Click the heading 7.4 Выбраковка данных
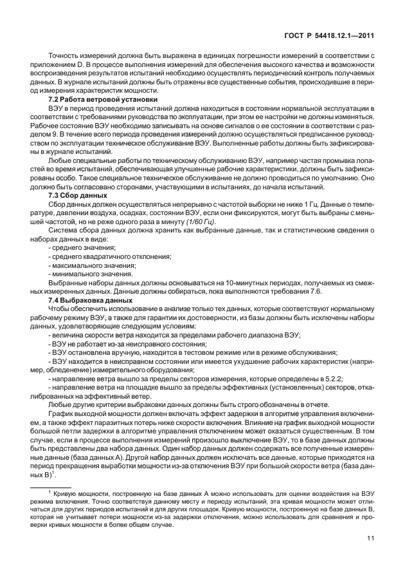click(91, 301)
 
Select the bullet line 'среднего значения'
click(82, 248)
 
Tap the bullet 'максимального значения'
click(92, 265)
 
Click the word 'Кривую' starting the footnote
click(67, 494)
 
